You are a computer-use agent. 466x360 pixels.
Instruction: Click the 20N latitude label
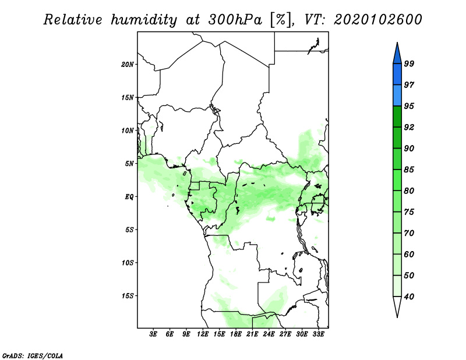pos(128,64)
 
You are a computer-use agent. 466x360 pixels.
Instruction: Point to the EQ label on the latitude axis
pos(129,196)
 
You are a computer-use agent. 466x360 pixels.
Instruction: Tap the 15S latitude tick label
pos(128,296)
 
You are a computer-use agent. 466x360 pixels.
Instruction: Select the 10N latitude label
pos(128,130)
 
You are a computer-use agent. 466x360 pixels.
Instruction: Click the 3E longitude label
pos(153,334)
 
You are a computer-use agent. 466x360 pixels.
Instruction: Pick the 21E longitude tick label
pos(252,334)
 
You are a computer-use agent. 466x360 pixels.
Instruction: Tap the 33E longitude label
pos(318,334)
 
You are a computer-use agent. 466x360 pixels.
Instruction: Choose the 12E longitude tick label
pos(203,334)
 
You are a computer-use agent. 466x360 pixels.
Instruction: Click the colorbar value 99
pos(409,63)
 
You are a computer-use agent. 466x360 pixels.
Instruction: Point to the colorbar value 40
pos(409,297)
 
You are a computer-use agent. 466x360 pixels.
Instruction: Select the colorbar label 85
pos(409,170)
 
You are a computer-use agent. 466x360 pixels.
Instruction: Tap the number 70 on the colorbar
pos(409,233)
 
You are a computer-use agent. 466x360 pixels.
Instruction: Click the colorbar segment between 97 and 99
pos(397,74)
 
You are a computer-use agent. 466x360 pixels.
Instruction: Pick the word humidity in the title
pos(144,20)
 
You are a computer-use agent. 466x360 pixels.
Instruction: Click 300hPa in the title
pos(235,20)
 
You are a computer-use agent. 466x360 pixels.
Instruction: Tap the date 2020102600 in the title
pos(377,20)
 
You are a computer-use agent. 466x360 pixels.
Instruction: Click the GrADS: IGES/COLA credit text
pos(33,355)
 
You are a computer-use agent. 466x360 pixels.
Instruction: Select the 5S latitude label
pos(129,230)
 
